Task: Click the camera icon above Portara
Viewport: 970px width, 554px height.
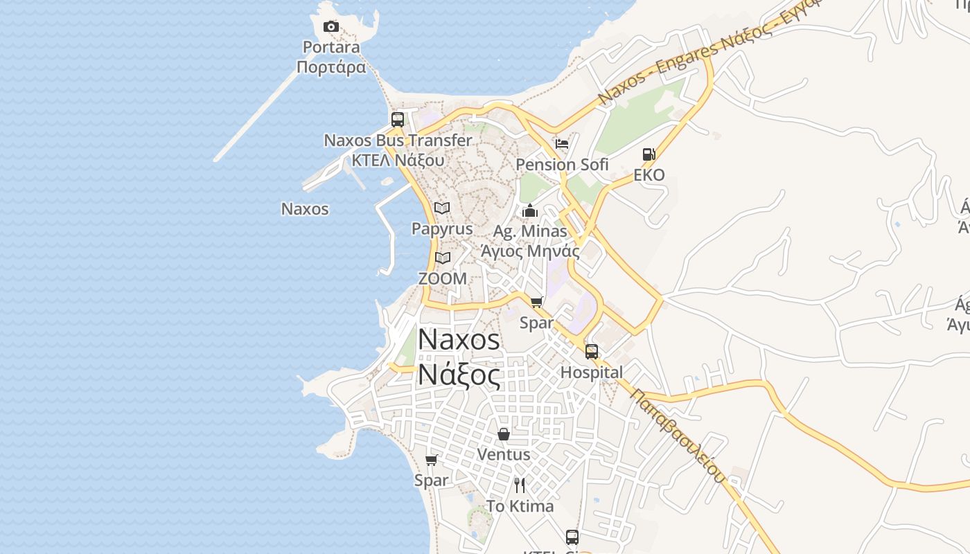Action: pyautogui.click(x=331, y=27)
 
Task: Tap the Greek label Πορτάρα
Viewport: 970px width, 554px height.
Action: pyautogui.click(x=331, y=67)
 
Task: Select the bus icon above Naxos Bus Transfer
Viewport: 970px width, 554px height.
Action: pyautogui.click(x=398, y=119)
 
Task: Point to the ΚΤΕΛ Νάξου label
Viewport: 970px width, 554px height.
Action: pyautogui.click(x=398, y=160)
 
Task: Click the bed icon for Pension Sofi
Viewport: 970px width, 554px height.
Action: pyautogui.click(x=562, y=144)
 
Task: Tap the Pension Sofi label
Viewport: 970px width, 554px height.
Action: pyautogui.click(x=562, y=165)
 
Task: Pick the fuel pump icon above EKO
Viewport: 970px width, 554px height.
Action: pyautogui.click(x=649, y=154)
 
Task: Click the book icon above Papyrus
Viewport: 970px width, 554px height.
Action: pyautogui.click(x=442, y=208)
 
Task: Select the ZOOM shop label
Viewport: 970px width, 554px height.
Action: pyautogui.click(x=442, y=278)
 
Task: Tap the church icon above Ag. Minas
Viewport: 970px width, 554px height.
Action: pyautogui.click(x=530, y=211)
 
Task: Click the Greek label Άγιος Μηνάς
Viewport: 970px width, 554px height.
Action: pyautogui.click(x=530, y=251)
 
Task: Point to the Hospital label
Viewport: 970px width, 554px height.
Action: pyautogui.click(x=591, y=373)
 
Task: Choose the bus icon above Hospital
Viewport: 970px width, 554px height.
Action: pyautogui.click(x=591, y=351)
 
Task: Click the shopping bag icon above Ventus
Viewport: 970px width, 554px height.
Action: pyautogui.click(x=504, y=434)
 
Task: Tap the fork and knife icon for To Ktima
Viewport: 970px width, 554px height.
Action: pyautogui.click(x=520, y=485)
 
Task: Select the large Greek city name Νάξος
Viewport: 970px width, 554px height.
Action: pyautogui.click(x=459, y=375)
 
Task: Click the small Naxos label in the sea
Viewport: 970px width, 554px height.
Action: pyautogui.click(x=305, y=209)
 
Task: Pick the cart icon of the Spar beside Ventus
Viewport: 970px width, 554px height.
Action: pyautogui.click(x=431, y=460)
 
